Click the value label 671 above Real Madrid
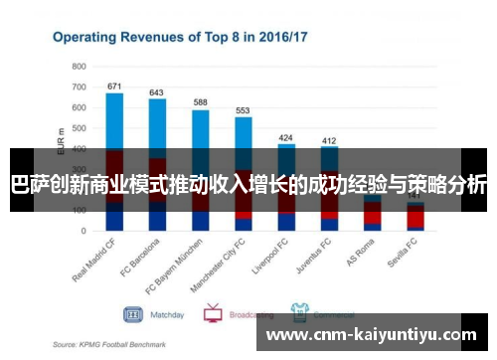pos(114,86)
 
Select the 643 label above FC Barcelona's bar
pos(157,91)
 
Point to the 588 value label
pos(200,102)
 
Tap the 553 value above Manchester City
pos(243,109)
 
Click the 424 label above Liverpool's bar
pos(286,137)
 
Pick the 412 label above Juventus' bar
pos(329,140)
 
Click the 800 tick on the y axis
pos(80,66)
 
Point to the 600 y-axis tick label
pos(80,106)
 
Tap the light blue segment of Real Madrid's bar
pos(114,119)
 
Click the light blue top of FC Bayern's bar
pos(200,129)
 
